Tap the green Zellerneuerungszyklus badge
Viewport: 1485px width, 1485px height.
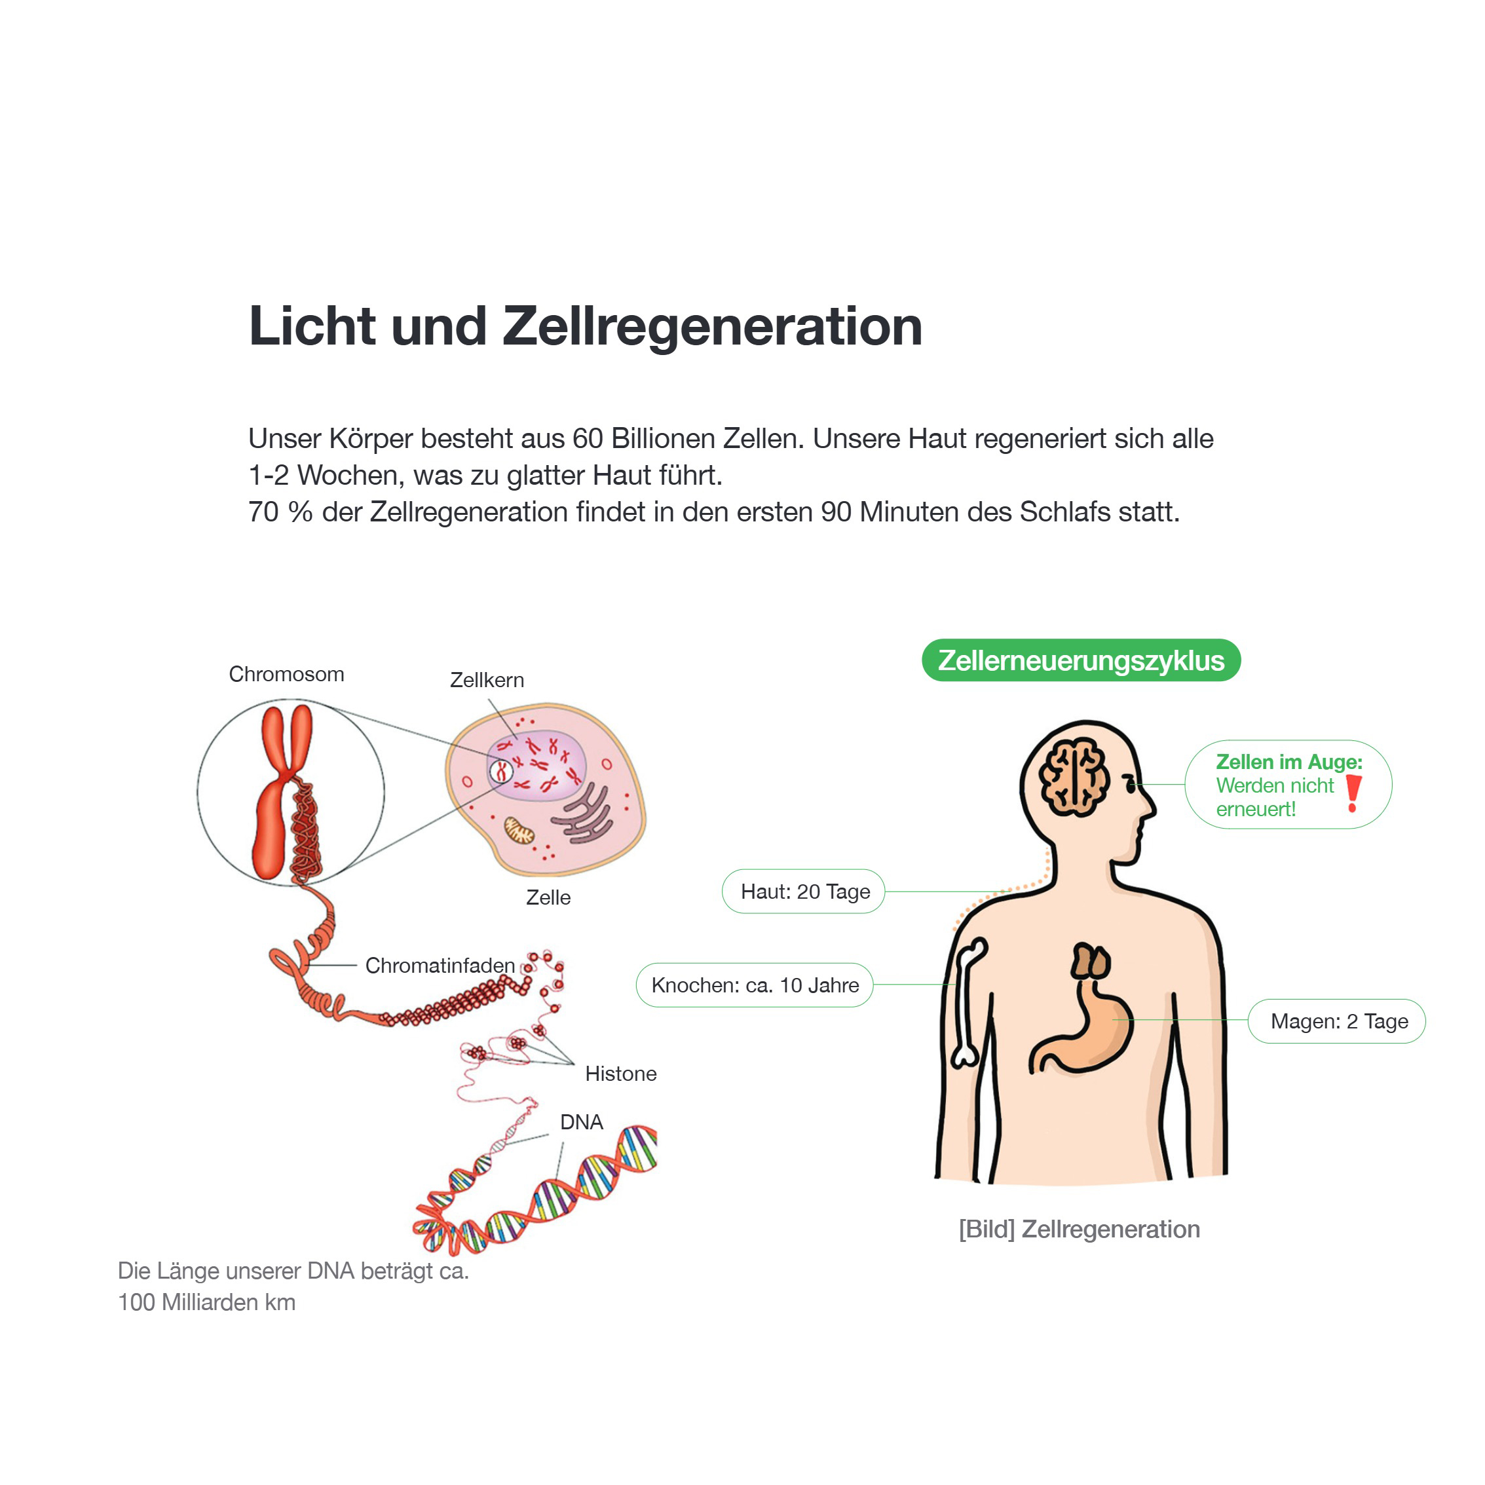pyautogui.click(x=1081, y=660)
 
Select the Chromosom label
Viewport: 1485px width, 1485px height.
pyautogui.click(x=287, y=674)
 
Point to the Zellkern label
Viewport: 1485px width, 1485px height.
pyautogui.click(x=487, y=680)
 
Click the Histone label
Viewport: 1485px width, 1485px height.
pyautogui.click(x=621, y=1074)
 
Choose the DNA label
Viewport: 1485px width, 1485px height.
pyautogui.click(x=582, y=1122)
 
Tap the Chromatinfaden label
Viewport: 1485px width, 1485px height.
pyautogui.click(x=440, y=966)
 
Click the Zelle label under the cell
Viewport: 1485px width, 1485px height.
pyautogui.click(x=548, y=898)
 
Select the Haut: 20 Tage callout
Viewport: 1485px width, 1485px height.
pyautogui.click(x=804, y=892)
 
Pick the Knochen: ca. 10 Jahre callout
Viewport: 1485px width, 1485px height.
pyautogui.click(x=755, y=985)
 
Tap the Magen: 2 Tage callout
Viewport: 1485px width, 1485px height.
pyautogui.click(x=1337, y=1021)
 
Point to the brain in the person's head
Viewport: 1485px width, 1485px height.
pyautogui.click(x=1074, y=777)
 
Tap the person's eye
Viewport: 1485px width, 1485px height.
pyautogui.click(x=1130, y=783)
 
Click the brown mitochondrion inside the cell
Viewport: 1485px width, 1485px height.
pyautogui.click(x=519, y=830)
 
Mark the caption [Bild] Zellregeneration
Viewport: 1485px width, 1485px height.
pyautogui.click(x=1079, y=1230)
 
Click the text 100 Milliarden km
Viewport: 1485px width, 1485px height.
pyautogui.click(x=207, y=1302)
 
